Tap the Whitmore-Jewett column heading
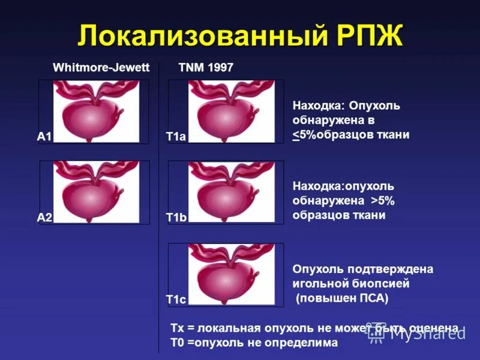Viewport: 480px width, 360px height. (101, 67)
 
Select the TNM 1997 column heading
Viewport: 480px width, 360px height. (206, 67)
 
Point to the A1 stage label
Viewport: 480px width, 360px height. (44, 137)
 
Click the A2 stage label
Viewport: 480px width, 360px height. (44, 218)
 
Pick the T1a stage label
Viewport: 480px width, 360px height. (176, 137)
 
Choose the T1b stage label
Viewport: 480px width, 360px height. (176, 218)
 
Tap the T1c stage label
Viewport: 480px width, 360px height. (176, 299)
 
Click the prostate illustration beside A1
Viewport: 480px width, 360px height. (96, 112)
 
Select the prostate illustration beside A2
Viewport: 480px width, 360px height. (96, 192)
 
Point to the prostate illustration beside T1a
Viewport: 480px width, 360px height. (231, 112)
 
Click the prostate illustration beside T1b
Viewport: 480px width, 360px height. (231, 192)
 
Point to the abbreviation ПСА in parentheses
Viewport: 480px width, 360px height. (370, 298)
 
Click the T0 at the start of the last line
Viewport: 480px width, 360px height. (177, 343)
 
